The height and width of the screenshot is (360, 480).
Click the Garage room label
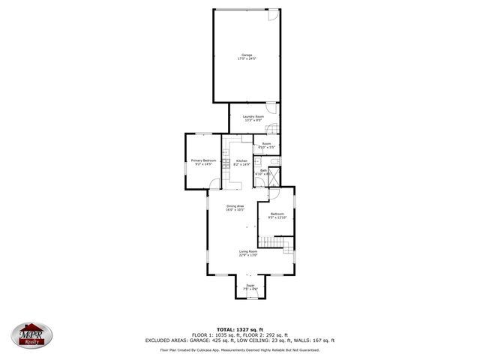click(246, 55)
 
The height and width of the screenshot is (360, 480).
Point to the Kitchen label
click(241, 163)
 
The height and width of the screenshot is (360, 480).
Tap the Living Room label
click(248, 253)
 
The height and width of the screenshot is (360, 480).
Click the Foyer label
click(250, 287)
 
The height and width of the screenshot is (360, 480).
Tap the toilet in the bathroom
click(277, 161)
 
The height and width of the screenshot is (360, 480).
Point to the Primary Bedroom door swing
click(215, 186)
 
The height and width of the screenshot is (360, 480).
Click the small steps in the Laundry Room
click(274, 127)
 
